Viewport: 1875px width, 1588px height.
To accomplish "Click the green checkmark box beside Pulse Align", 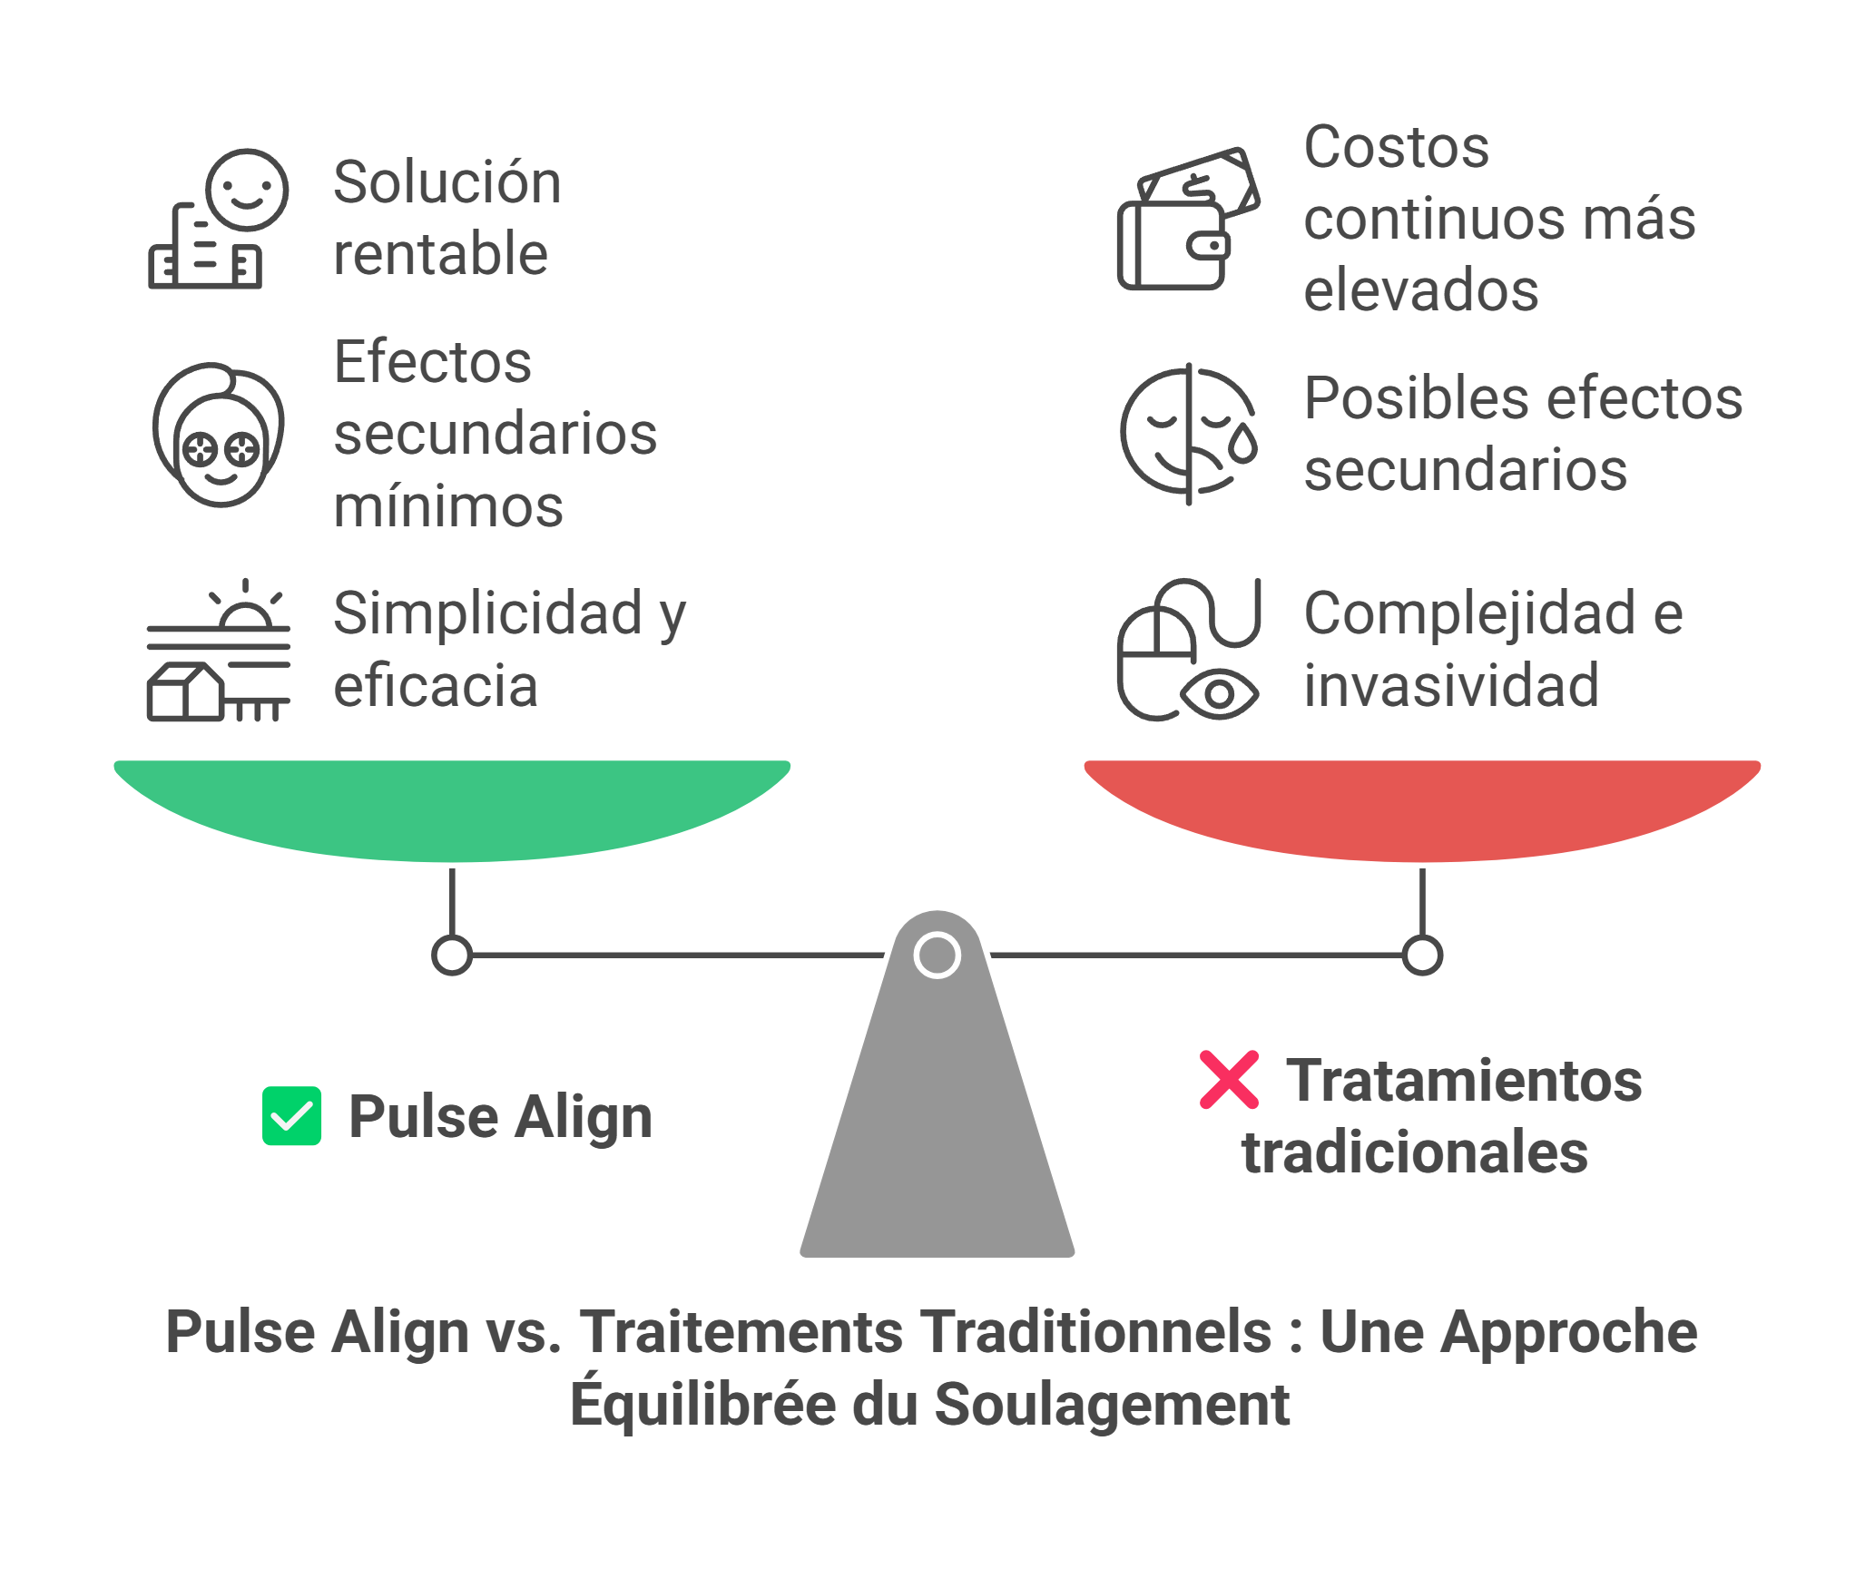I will point(291,1115).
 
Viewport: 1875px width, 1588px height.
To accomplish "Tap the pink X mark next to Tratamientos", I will point(1229,1080).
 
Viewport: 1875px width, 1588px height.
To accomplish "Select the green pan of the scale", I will point(451,807).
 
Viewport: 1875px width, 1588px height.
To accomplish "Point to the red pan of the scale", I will point(1421,807).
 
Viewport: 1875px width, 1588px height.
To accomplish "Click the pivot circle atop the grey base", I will point(937,955).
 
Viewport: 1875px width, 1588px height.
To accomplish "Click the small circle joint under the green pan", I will point(452,955).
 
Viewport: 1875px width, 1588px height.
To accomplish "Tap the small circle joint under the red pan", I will point(1422,955).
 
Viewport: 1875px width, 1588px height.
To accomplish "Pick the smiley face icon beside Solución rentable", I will point(246,190).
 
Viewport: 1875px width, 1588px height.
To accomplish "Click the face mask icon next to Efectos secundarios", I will point(219,435).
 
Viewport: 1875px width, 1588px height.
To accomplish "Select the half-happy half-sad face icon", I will point(1188,434).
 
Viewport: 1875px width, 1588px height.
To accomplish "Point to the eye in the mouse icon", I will point(1219,694).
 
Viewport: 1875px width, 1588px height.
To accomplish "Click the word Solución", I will point(447,182).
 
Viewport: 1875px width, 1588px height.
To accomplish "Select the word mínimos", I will point(448,506).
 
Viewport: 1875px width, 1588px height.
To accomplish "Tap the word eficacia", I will point(436,686).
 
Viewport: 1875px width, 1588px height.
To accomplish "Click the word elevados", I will point(1421,290).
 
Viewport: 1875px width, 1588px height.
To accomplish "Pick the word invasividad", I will point(1451,685).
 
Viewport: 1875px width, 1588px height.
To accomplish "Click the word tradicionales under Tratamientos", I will point(1415,1152).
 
